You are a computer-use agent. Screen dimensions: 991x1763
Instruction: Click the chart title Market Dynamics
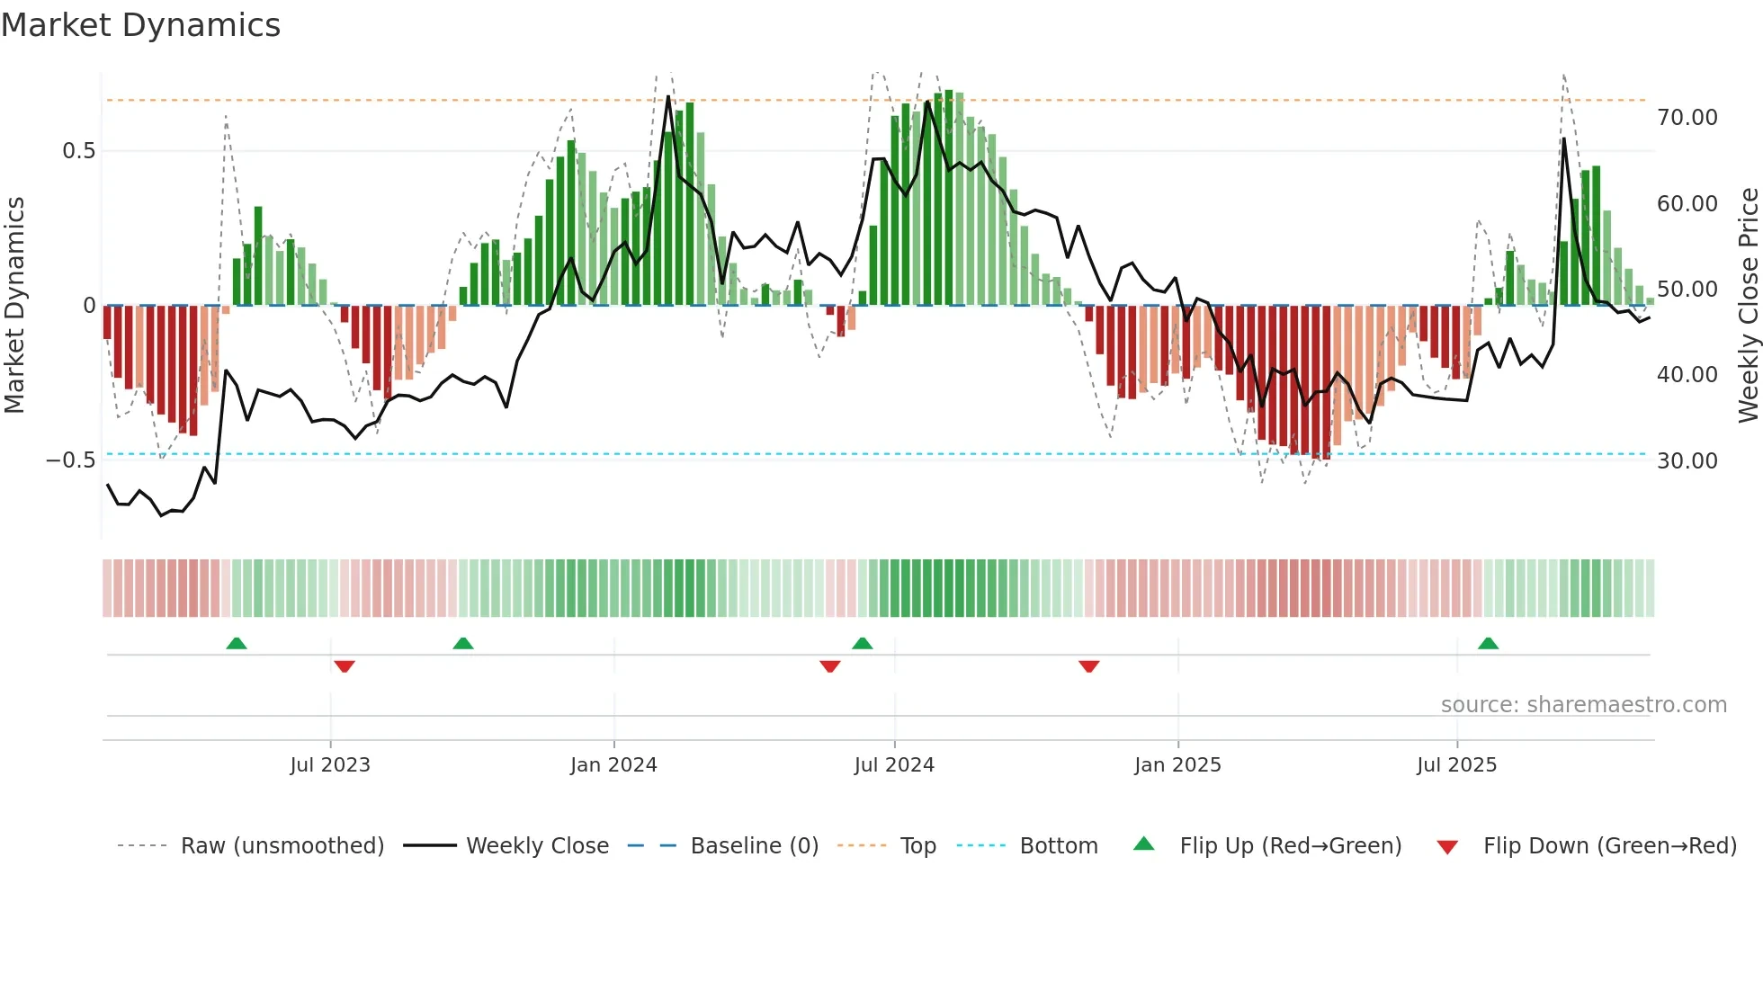[x=140, y=25]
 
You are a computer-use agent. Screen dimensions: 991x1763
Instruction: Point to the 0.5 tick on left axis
[x=79, y=150]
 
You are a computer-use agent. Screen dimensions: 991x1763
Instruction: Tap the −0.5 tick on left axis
[x=70, y=460]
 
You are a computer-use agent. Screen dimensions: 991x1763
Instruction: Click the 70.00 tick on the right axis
[x=1687, y=118]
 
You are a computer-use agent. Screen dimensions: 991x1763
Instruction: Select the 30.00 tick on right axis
[x=1687, y=460]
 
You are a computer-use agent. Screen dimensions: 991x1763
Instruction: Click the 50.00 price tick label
[x=1687, y=290]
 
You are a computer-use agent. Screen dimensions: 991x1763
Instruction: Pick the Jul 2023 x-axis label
[x=330, y=764]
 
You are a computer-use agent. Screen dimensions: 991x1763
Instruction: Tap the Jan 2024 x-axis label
[x=613, y=764]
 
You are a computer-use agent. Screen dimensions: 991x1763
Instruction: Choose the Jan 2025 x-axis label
[x=1177, y=764]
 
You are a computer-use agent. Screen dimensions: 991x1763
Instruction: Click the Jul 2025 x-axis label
[x=1456, y=764]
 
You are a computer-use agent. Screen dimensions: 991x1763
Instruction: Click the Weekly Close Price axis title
[x=1748, y=305]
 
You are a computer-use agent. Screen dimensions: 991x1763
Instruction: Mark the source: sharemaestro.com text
[x=1583, y=704]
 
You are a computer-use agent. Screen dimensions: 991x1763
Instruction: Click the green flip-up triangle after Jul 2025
[x=1488, y=643]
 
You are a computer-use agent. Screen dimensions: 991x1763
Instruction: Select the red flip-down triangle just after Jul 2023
[x=344, y=665]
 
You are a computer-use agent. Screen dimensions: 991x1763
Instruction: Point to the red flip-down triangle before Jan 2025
[x=1088, y=665]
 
